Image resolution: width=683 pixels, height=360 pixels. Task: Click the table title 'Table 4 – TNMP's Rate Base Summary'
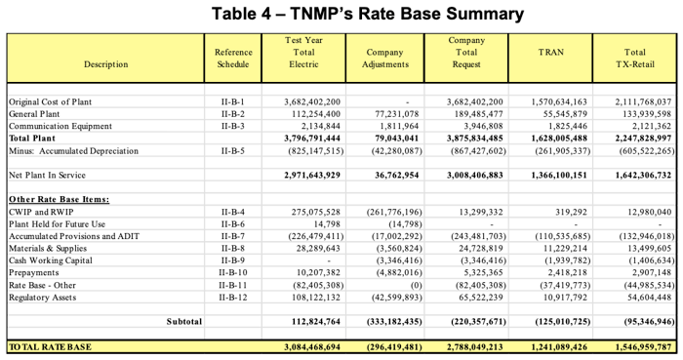[x=341, y=14]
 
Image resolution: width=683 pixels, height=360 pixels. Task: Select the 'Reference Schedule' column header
[x=233, y=59]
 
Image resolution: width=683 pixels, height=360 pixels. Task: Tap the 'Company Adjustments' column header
[x=384, y=59]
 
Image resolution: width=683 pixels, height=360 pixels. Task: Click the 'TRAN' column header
[x=551, y=52]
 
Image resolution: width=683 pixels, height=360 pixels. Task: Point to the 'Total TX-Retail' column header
[x=634, y=59]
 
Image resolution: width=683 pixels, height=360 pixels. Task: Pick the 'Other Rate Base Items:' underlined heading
[x=59, y=199]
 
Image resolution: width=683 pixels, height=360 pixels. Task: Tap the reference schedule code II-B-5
[x=233, y=151]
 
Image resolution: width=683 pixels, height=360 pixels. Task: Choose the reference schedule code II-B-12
[x=233, y=297]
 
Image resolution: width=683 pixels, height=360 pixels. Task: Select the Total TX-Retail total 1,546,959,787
[x=635, y=346]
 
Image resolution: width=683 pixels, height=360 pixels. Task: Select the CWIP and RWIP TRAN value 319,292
[x=566, y=212]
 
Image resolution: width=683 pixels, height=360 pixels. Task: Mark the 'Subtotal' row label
[x=183, y=321]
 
